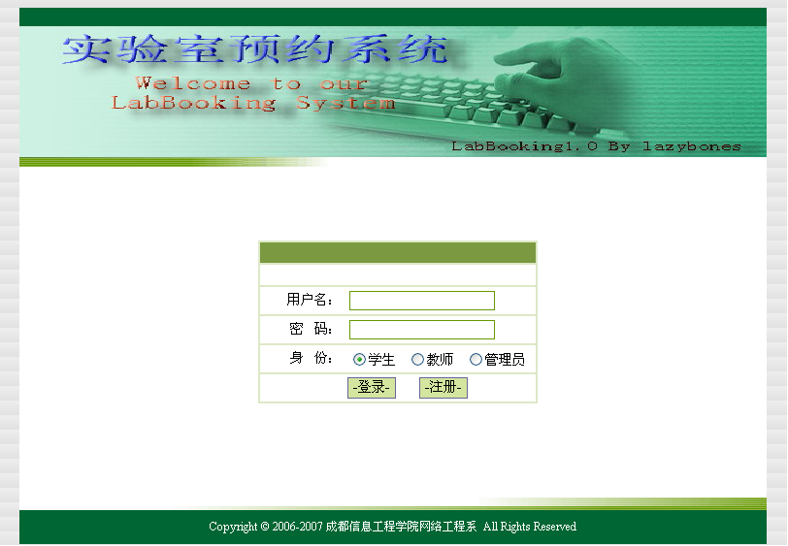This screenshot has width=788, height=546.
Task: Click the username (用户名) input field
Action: point(421,301)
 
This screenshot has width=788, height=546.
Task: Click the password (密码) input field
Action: point(421,330)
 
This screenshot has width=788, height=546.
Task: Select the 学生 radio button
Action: point(359,359)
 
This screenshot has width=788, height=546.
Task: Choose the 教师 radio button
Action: point(417,359)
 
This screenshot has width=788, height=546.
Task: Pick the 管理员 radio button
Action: point(476,359)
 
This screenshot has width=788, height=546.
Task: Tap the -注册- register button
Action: point(443,388)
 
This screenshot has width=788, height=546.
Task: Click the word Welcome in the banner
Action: point(193,82)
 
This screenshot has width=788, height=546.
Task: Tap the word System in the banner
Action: point(345,103)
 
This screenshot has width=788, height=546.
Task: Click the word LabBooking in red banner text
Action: point(193,103)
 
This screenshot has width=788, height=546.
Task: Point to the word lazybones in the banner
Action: point(692,146)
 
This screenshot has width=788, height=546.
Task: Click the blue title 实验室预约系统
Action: point(255,49)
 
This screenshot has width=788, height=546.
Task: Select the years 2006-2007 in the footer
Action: point(297,527)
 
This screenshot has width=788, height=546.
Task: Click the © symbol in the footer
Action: point(265,527)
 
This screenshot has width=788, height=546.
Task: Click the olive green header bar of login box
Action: point(398,253)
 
